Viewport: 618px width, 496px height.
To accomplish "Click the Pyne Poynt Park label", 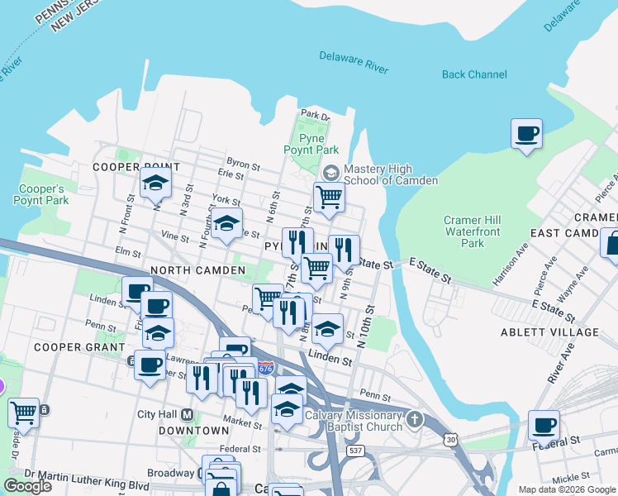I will (311, 143).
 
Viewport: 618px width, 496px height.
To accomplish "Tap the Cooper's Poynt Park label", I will (40, 193).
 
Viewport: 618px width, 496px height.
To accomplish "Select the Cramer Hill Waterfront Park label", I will (473, 231).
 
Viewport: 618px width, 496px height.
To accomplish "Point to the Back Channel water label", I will (474, 74).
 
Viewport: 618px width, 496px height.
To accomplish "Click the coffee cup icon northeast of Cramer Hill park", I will (526, 132).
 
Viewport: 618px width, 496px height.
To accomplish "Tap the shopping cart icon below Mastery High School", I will (329, 197).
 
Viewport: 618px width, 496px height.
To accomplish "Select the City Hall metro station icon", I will (188, 414).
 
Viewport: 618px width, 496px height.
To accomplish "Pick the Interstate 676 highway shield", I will (266, 366).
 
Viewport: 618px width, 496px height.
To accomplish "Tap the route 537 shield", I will (355, 451).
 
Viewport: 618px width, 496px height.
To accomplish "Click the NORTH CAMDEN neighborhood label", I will (197, 270).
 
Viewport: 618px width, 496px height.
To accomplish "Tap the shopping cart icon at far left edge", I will (22, 412).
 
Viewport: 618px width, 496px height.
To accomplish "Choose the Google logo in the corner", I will (27, 485).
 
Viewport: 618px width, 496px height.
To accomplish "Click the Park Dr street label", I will (316, 115).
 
